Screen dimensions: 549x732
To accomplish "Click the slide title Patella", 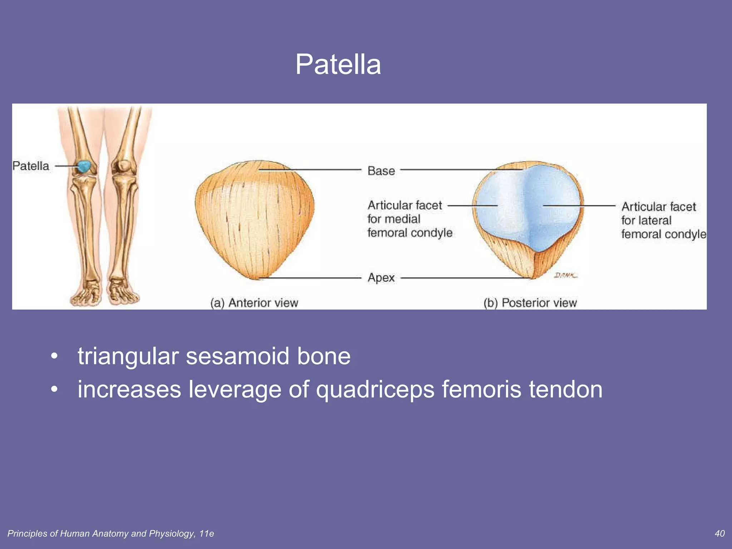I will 338,64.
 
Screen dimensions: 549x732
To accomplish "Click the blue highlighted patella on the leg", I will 84,166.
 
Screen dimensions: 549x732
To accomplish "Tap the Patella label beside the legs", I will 31,166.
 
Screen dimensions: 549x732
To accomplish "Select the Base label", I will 381,171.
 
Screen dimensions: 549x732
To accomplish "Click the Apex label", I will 381,278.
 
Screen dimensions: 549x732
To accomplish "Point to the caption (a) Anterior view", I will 254,303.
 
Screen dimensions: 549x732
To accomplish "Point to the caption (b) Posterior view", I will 530,303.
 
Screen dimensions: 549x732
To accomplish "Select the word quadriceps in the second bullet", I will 375,390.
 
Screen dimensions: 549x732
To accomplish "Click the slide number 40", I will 719,534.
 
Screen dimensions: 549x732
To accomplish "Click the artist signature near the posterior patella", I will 565,275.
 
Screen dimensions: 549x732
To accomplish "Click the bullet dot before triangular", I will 54,356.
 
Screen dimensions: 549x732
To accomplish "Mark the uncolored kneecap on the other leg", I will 124,165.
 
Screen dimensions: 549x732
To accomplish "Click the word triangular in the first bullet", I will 128,356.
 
